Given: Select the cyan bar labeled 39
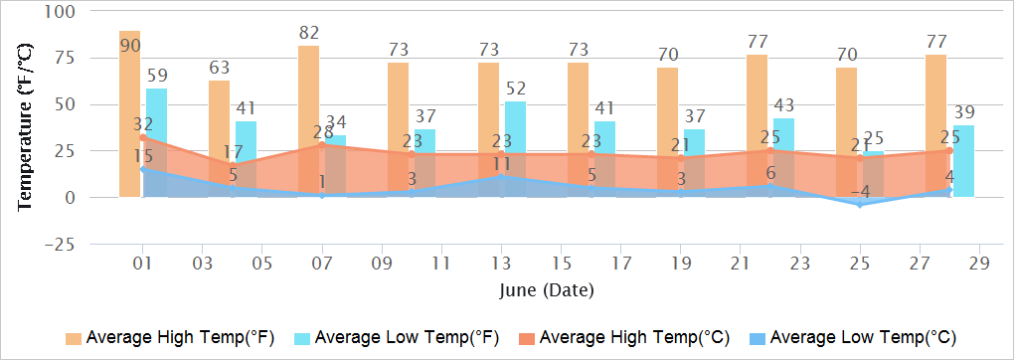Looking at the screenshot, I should (x=963, y=159).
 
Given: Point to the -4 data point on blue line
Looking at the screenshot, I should (x=860, y=204).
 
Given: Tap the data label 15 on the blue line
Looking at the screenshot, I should (x=143, y=156).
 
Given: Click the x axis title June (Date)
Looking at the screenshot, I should (x=546, y=290).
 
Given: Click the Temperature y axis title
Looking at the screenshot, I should (x=26, y=127).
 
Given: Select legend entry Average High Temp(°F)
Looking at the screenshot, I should (x=170, y=337).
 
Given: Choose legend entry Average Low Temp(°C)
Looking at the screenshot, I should (x=853, y=337).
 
